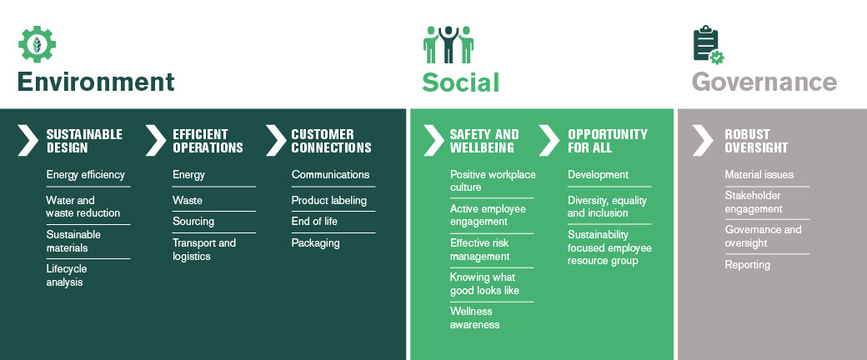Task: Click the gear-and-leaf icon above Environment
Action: [x=37, y=43]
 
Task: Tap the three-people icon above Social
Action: [x=449, y=44]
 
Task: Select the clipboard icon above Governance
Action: [x=709, y=45]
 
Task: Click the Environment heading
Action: [x=96, y=82]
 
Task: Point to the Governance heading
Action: [x=764, y=82]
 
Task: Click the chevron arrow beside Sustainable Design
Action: [x=28, y=141]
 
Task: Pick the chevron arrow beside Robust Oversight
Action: [x=703, y=141]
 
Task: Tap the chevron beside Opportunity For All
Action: [x=549, y=141]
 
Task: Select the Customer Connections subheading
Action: [x=331, y=141]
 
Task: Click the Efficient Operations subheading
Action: [x=208, y=141]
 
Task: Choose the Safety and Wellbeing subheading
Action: [x=484, y=141]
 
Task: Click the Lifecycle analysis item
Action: [x=67, y=275]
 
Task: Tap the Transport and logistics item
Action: [x=204, y=249]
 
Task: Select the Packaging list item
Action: [x=316, y=243]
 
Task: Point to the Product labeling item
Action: [x=329, y=200]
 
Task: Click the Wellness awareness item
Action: [x=474, y=318]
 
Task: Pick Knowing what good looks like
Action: [x=484, y=283]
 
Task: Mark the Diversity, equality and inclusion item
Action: [x=607, y=207]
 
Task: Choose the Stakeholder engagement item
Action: [x=754, y=202]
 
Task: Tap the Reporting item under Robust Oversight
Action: [x=748, y=265]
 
